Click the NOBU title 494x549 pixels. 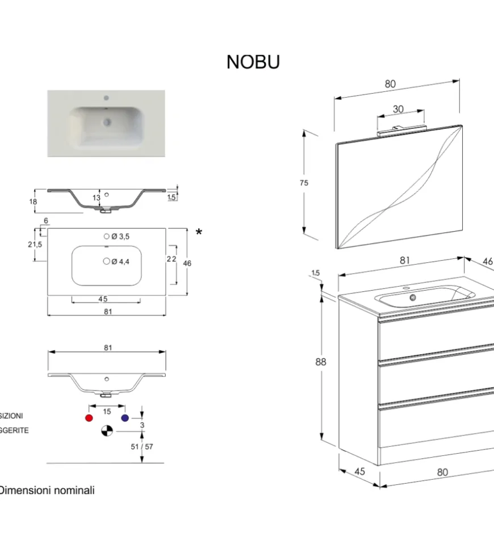pyautogui.click(x=253, y=62)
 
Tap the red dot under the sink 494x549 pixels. pyautogui.click(x=89, y=418)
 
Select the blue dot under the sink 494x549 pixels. pyautogui.click(x=125, y=418)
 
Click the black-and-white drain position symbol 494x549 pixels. pyautogui.click(x=107, y=431)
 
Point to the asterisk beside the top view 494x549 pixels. pyautogui.click(x=199, y=232)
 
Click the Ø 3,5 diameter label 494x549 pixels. pyautogui.click(x=120, y=236)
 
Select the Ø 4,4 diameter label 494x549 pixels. pyautogui.click(x=120, y=261)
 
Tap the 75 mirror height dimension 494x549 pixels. pyautogui.click(x=304, y=183)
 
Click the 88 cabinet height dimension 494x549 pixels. pyautogui.click(x=321, y=362)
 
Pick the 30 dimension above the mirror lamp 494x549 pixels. pyautogui.click(x=398, y=109)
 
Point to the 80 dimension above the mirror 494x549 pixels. pyautogui.click(x=390, y=84)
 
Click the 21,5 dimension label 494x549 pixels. pyautogui.click(x=35, y=244)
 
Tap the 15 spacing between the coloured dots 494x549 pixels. pyautogui.click(x=107, y=412)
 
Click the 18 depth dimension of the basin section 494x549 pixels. pyautogui.click(x=33, y=202)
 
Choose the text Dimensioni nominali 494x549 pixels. pyautogui.click(x=47, y=490)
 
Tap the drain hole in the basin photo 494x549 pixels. pyautogui.click(x=106, y=121)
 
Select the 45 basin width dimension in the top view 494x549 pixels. pyautogui.click(x=103, y=299)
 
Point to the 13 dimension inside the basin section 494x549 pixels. pyautogui.click(x=96, y=198)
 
